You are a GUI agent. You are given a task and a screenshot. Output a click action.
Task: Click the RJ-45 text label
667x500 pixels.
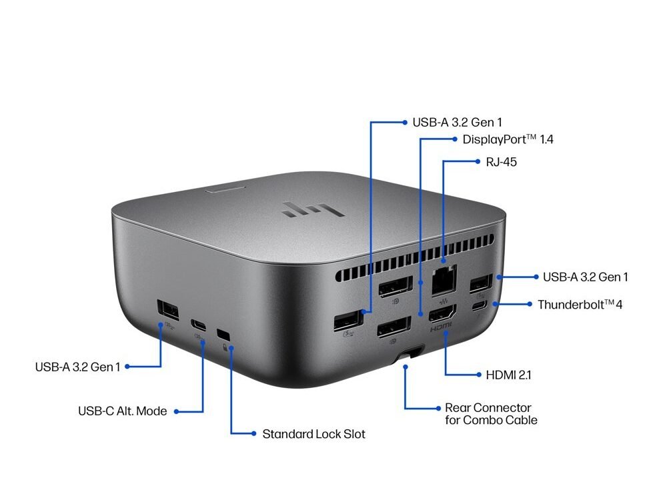(501, 162)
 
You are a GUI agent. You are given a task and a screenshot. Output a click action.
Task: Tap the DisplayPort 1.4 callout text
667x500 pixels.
(508, 139)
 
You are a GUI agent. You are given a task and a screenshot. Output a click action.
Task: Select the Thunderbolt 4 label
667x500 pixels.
(580, 305)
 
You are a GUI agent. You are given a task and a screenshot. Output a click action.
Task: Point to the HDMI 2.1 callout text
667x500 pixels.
(508, 375)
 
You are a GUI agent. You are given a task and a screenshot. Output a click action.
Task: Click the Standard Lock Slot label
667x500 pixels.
(313, 434)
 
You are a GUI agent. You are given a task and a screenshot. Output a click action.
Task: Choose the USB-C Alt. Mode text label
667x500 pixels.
(123, 411)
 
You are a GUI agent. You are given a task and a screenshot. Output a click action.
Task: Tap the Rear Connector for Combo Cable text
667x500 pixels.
(491, 414)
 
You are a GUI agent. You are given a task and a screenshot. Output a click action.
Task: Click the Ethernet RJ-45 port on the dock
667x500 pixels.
(444, 280)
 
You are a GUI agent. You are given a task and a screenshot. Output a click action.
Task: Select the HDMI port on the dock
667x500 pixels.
(442, 314)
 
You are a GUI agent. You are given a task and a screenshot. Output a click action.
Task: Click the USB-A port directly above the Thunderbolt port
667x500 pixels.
(481, 283)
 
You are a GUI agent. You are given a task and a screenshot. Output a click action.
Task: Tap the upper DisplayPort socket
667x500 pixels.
(396, 287)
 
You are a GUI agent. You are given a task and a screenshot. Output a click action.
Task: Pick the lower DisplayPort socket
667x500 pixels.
(394, 327)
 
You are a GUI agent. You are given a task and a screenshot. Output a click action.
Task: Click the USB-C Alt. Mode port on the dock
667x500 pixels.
(198, 325)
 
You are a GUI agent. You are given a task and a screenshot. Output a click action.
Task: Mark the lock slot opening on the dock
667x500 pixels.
(223, 334)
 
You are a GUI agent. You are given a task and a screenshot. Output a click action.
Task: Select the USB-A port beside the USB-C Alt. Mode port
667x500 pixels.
(167, 311)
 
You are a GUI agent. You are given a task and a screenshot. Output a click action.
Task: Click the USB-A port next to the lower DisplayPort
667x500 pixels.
(348, 321)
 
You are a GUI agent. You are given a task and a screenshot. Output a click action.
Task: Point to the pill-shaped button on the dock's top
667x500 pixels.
(225, 189)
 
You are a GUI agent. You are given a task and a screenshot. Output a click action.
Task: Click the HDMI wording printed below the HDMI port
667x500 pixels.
(441, 327)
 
